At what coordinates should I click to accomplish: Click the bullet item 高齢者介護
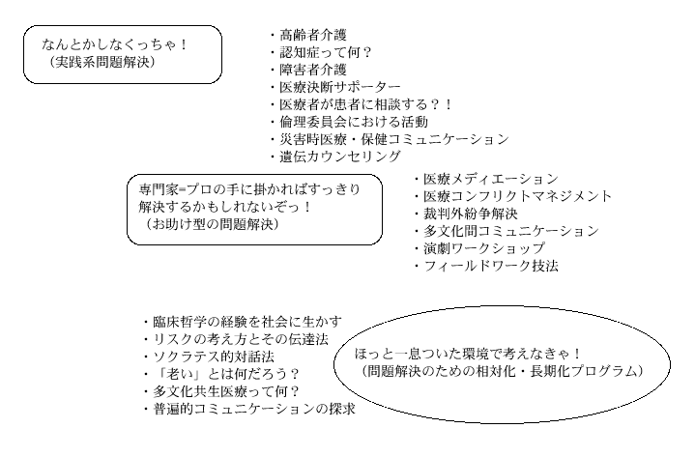pos(313,35)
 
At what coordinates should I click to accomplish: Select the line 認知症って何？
pos(326,52)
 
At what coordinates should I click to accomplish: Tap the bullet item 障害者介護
pos(313,70)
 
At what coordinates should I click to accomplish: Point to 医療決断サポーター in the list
pos(340,87)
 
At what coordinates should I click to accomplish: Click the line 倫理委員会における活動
pos(354,122)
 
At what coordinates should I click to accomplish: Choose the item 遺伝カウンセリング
pos(340,157)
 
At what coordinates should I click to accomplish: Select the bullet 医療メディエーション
pos(491,179)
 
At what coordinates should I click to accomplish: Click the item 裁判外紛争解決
pos(471,214)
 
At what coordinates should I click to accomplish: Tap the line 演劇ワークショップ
pos(484,248)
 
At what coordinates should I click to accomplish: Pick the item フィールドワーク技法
pos(491,266)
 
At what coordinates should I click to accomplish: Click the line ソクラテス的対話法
pos(214,357)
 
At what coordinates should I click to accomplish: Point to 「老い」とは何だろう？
pos(227,374)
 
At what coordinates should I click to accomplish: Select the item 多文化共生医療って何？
pos(227,391)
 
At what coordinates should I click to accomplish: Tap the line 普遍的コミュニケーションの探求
pos(254,409)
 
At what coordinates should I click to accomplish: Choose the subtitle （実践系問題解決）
pos(101,62)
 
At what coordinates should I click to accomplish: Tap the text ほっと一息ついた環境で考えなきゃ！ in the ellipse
pos(468,354)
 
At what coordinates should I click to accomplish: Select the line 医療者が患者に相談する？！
pos(367,104)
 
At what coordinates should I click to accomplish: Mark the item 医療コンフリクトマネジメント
pos(518,196)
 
